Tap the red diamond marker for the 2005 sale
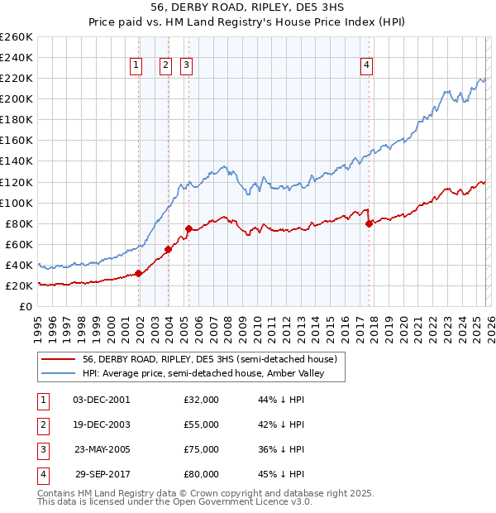pos(189,228)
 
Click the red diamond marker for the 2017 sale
pos(370,223)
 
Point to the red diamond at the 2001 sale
pos(139,273)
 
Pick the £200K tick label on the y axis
pos(17,98)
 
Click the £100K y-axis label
pos(17,203)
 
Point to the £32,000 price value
pos(201,400)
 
